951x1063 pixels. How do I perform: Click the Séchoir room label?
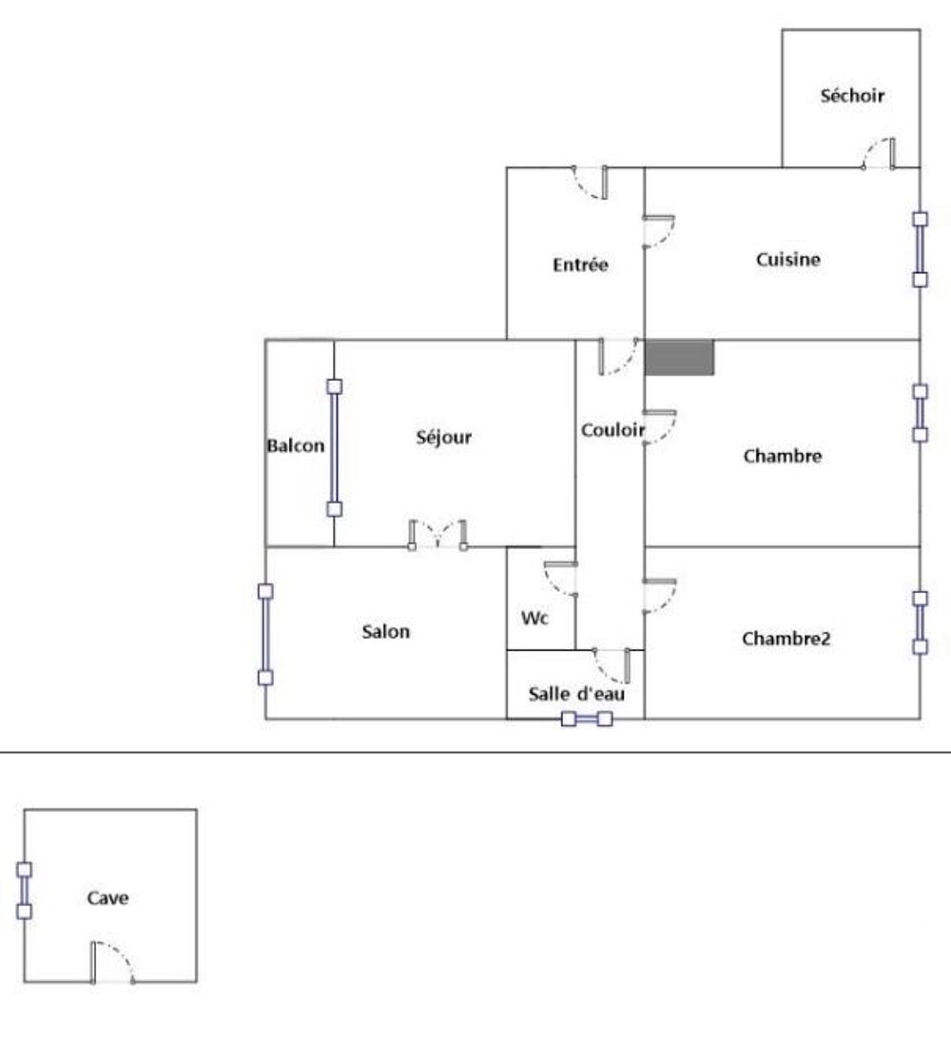(x=852, y=95)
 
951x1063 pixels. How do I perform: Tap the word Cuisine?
(x=787, y=259)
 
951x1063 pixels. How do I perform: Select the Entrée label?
(x=580, y=265)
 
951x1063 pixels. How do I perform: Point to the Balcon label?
(x=296, y=445)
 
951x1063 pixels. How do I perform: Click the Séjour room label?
(x=444, y=437)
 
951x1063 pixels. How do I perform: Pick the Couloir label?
(x=613, y=430)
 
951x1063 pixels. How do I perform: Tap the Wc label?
(x=534, y=618)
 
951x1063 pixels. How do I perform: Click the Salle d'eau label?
(x=576, y=694)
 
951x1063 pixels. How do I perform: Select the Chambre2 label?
(x=786, y=639)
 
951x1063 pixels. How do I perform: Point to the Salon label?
(x=385, y=632)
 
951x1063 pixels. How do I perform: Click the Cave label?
(x=107, y=897)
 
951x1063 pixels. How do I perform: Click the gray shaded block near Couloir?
(x=679, y=357)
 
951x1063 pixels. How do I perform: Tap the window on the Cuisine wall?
(x=920, y=249)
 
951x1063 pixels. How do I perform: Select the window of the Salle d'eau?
(x=587, y=719)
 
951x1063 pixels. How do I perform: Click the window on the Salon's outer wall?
(x=265, y=635)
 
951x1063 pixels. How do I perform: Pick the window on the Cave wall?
(x=24, y=891)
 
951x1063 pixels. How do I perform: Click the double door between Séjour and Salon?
(x=437, y=535)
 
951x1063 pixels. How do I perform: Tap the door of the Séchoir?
(x=879, y=154)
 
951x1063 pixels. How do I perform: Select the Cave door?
(x=113, y=962)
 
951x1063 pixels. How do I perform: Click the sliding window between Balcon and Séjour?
(x=334, y=448)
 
